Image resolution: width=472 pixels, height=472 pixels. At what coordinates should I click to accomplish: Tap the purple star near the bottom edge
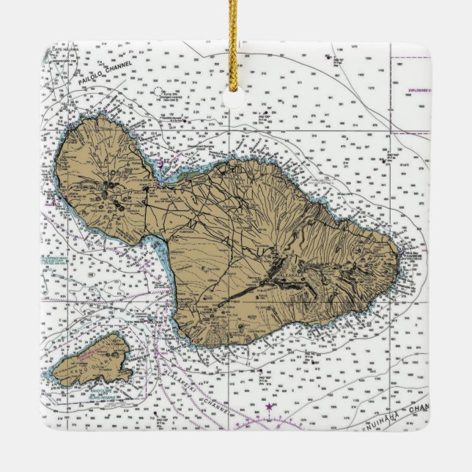tap(270, 406)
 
